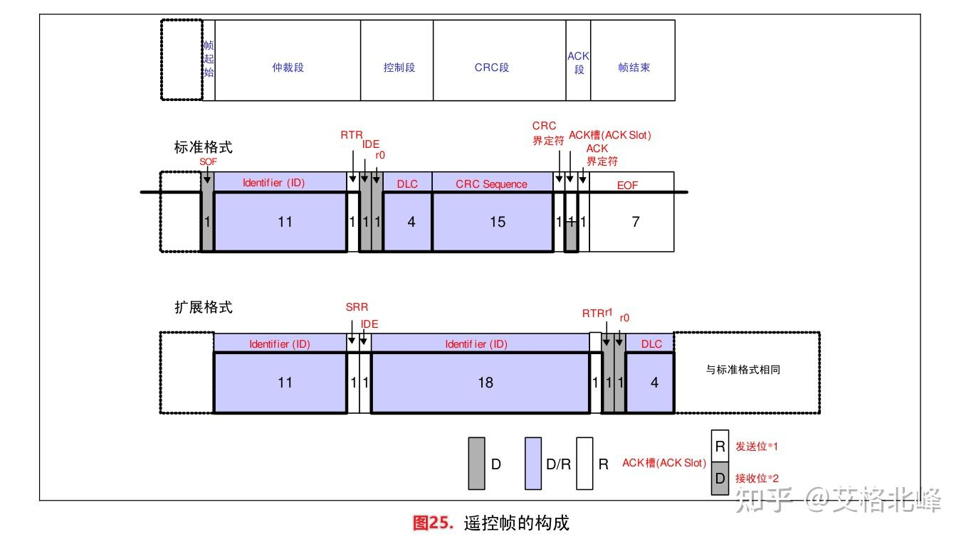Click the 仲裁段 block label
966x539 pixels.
pyautogui.click(x=288, y=68)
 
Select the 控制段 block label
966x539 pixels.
pyautogui.click(x=399, y=68)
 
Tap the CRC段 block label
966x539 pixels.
pyautogui.click(x=492, y=68)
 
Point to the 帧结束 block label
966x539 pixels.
pyautogui.click(x=634, y=68)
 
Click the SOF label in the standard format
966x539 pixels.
pyautogui.click(x=208, y=161)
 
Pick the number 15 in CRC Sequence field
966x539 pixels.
pyautogui.click(x=497, y=222)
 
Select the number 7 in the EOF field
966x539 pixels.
pyautogui.click(x=635, y=222)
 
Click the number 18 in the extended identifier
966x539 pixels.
pyautogui.click(x=485, y=383)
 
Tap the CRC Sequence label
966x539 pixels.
pyautogui.click(x=491, y=184)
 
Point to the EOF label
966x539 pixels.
pyautogui.click(x=627, y=186)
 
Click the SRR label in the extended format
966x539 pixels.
pyautogui.click(x=357, y=306)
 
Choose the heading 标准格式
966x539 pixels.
pyautogui.click(x=203, y=147)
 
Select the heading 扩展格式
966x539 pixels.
pyautogui.click(x=203, y=307)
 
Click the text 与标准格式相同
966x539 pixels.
pyautogui.click(x=742, y=370)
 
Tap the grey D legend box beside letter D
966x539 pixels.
pyautogui.click(x=476, y=464)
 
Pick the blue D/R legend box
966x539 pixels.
pyautogui.click(x=533, y=464)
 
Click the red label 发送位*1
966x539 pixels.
pyautogui.click(x=757, y=447)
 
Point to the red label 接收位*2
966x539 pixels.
pyautogui.click(x=757, y=479)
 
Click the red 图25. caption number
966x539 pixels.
pyautogui.click(x=433, y=523)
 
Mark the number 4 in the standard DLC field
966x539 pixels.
pyautogui.click(x=411, y=222)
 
